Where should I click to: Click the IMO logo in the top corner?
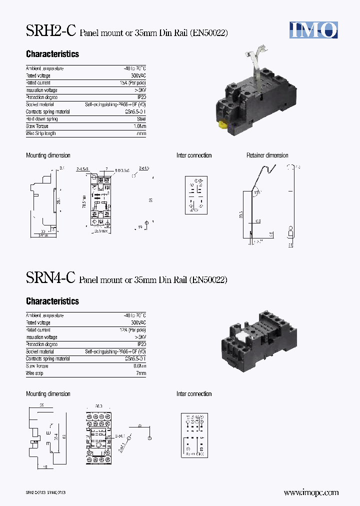pyautogui.click(x=313, y=30)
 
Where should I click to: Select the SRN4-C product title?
pyautogui.click(x=50, y=278)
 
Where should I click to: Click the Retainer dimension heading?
pyautogui.click(x=267, y=155)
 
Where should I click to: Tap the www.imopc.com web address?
pyautogui.click(x=311, y=492)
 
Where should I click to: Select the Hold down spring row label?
pyautogui.click(x=41, y=119)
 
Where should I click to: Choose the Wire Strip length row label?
pyautogui.click(x=41, y=133)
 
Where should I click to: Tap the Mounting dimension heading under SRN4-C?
pyautogui.click(x=48, y=394)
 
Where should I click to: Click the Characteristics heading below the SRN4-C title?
pyautogui.click(x=52, y=301)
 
